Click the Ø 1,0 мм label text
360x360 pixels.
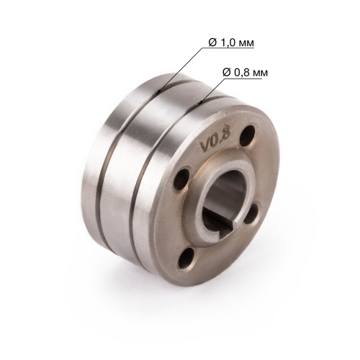click(231, 42)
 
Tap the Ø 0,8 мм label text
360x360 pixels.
click(245, 72)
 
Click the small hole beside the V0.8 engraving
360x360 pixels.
click(247, 135)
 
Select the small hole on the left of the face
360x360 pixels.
click(181, 179)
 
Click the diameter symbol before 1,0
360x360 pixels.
click(212, 42)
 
